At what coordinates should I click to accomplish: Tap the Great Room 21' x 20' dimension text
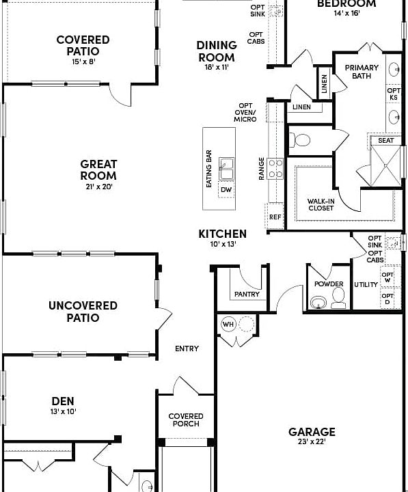click(99, 187)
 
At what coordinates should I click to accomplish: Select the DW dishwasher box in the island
click(226, 189)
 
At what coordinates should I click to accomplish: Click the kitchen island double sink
click(226, 166)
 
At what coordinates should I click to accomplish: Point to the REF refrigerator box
click(275, 217)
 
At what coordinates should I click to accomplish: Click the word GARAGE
click(312, 432)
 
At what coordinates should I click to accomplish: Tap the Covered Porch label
click(186, 420)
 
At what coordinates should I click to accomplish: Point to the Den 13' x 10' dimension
click(63, 411)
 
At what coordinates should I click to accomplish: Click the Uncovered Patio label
click(83, 312)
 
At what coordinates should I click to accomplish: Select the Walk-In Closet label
click(321, 204)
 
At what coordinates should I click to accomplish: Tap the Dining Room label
click(217, 51)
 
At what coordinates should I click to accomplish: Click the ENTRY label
click(187, 348)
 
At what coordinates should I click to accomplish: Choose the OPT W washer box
click(387, 278)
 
